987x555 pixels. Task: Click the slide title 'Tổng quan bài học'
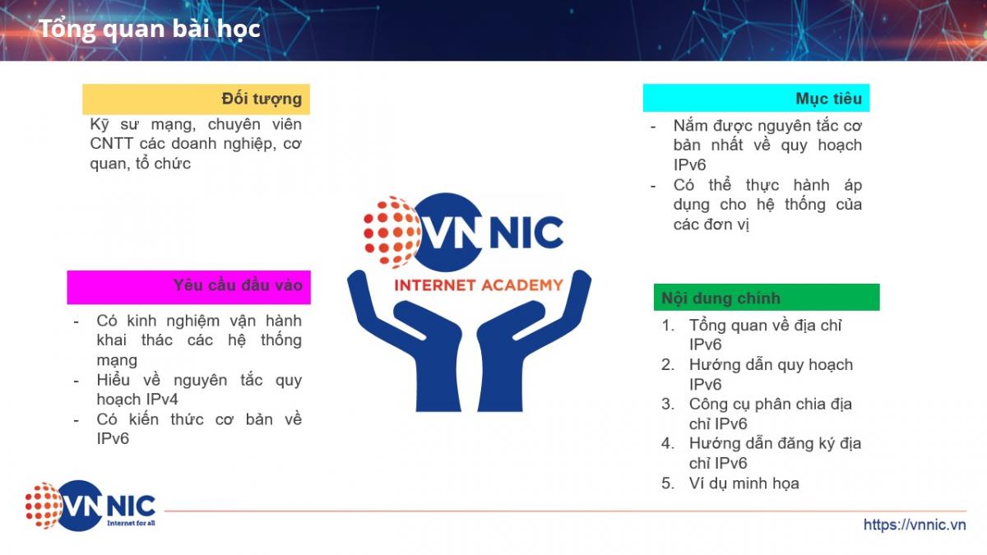[150, 29]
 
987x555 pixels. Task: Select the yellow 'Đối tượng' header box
[196, 99]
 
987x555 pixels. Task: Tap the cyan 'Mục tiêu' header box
[756, 98]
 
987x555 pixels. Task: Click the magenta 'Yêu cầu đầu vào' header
[188, 287]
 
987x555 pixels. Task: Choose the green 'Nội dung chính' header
[767, 298]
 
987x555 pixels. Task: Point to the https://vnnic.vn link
[915, 525]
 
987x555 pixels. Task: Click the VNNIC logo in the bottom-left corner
[90, 505]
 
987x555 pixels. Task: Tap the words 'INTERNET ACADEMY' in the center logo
[479, 285]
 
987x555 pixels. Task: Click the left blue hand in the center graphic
[405, 344]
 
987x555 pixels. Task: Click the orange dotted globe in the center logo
[392, 232]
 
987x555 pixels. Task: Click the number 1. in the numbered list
[668, 326]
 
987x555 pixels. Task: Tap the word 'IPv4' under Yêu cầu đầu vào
[162, 400]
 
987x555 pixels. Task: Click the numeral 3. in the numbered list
[668, 404]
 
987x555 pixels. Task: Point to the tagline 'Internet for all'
[131, 523]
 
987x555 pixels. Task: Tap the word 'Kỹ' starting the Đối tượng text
[100, 125]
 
